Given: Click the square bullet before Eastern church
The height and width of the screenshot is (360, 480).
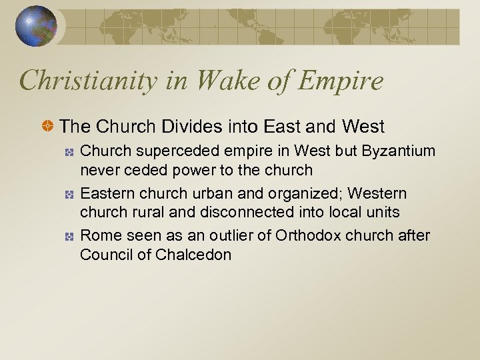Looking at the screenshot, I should pyautogui.click(x=69, y=194).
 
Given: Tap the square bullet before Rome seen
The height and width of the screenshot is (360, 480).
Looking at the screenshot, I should pyautogui.click(x=69, y=237).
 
